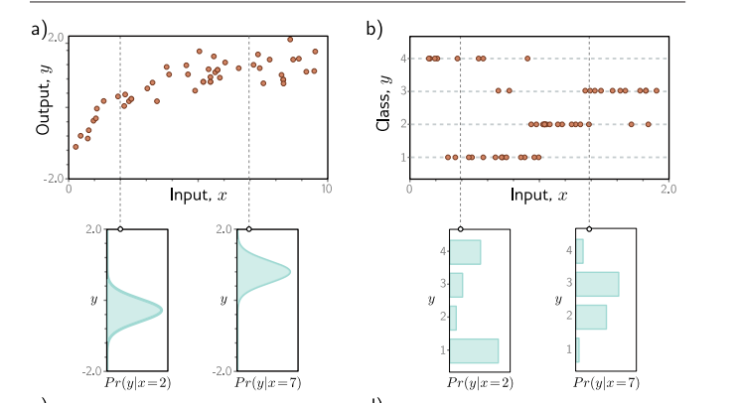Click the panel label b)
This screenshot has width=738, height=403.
[x=374, y=29]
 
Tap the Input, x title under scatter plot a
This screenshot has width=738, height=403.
[x=199, y=195]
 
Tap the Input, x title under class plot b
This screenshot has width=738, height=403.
[x=539, y=195]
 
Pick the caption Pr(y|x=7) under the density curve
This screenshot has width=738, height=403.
[x=268, y=382]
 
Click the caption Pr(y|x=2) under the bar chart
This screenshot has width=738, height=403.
[x=481, y=382]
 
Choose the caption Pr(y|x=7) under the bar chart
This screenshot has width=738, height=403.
[x=607, y=382]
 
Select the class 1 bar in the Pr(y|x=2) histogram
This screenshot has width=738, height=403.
[x=474, y=350]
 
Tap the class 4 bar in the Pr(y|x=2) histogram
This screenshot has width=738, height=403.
[x=465, y=252]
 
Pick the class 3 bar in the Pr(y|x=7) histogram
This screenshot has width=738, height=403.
[x=597, y=284]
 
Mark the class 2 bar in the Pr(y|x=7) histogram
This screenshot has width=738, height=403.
[x=591, y=317]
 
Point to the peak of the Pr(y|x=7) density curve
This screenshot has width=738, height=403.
[x=289, y=271]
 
